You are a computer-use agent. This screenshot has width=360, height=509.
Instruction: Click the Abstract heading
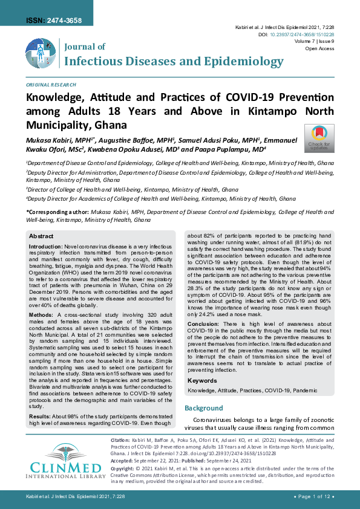point(41,236)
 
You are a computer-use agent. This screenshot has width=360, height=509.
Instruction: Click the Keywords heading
point(202,364)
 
